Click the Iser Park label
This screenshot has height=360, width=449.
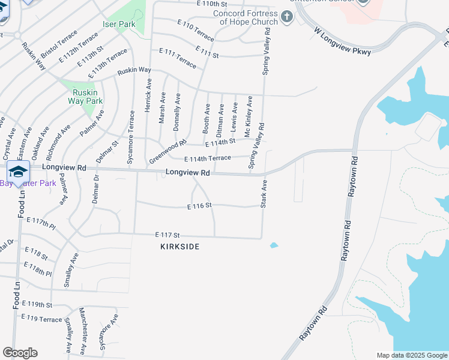click(118, 25)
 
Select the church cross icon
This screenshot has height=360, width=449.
click(287, 16)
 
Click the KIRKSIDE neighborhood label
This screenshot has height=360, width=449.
click(179, 247)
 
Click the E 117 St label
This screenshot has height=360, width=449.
click(167, 235)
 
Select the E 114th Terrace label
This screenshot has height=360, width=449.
click(208, 158)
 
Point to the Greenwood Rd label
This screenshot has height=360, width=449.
click(164, 148)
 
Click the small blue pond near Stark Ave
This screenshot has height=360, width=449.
click(274, 245)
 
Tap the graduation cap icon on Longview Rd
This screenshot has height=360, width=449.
click(19, 171)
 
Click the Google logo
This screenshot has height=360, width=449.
click(20, 353)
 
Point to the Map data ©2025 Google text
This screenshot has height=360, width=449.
click(411, 355)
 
